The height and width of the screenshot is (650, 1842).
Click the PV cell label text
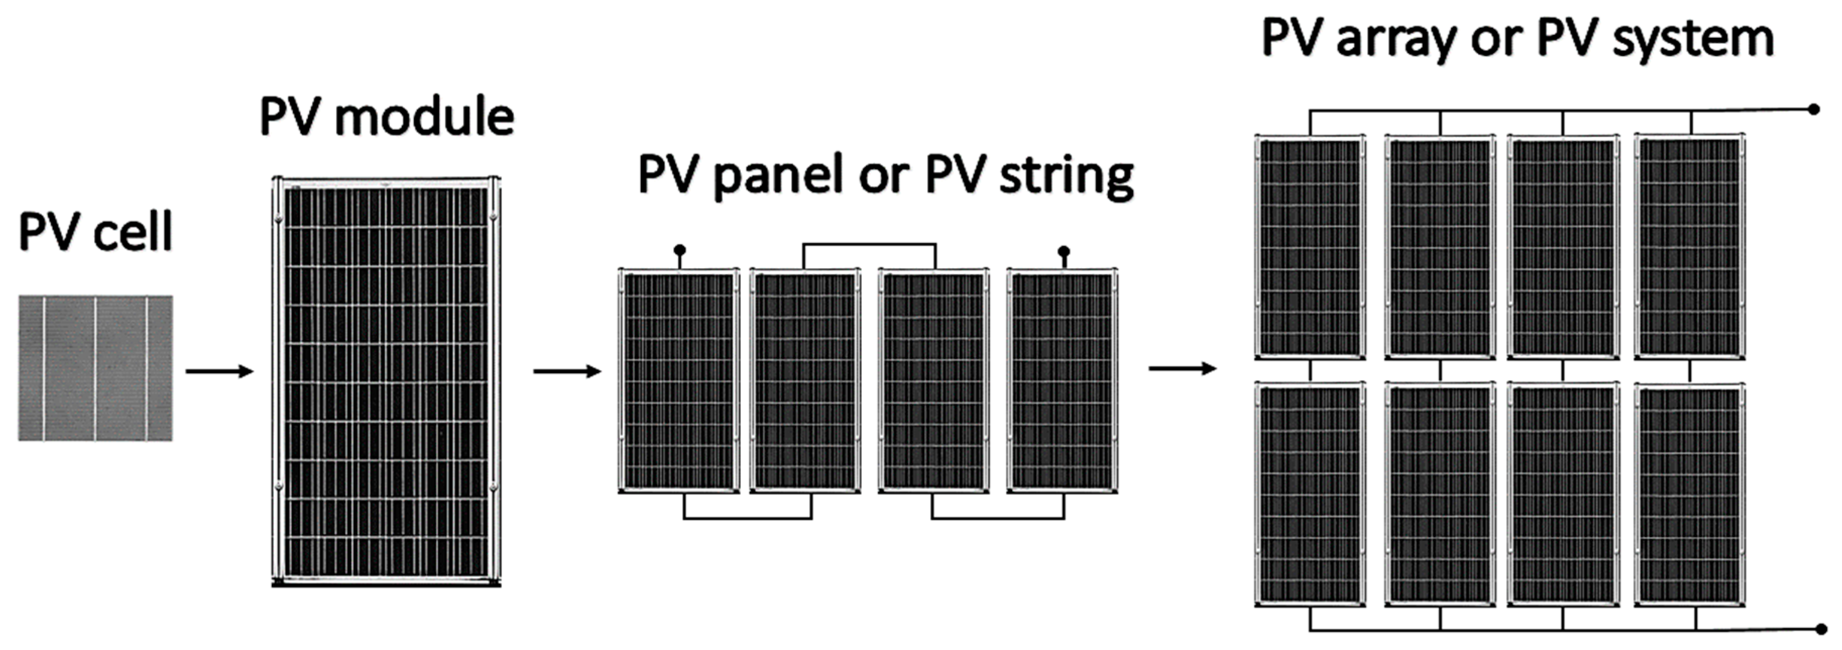pos(95,231)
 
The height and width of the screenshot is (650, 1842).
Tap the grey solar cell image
pos(95,368)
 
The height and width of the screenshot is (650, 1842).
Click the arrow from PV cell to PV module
pos(219,371)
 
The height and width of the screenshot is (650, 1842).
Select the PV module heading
pos(386,117)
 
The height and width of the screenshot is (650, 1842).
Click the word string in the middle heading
pos(1065,175)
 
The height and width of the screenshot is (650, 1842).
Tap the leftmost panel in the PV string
pos(679,380)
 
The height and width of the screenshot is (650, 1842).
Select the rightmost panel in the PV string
pos(1062,380)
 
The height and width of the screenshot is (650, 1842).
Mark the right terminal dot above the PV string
pos(1064,252)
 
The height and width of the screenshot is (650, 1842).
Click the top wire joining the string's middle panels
pos(869,245)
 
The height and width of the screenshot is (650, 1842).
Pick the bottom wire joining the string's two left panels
pos(748,518)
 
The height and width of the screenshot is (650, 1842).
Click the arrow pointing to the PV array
pos(1182,368)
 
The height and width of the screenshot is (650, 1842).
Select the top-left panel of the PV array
pos(1310,246)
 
